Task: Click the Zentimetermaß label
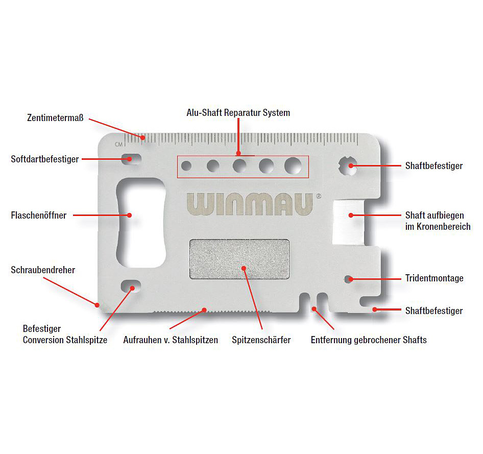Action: (55, 118)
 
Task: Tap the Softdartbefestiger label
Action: (45, 159)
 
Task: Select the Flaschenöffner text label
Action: (38, 216)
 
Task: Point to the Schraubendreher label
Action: (43, 270)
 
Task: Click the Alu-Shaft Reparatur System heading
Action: (238, 113)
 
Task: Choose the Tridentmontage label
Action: (434, 278)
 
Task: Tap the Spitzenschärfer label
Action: (261, 340)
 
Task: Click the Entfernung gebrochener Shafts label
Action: (369, 340)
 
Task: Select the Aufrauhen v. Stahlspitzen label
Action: (171, 340)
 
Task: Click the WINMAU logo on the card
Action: (250, 204)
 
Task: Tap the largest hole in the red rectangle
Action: (293, 166)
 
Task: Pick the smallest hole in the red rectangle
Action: (186, 166)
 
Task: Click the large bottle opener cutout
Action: (141, 222)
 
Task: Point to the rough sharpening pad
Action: (239, 259)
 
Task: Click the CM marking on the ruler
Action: (118, 144)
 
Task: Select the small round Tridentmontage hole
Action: (348, 279)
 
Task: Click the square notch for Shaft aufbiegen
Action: (348, 222)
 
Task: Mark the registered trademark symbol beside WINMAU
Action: (319, 196)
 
